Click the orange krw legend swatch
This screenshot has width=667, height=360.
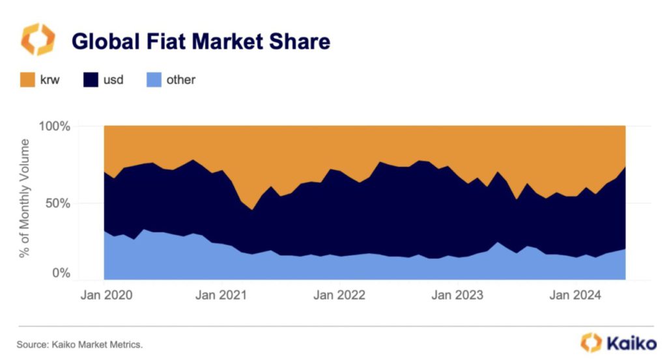coord(28,80)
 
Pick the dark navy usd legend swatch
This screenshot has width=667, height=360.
coord(90,80)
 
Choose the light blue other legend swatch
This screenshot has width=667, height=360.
coord(152,80)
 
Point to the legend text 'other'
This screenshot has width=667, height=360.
coord(180,80)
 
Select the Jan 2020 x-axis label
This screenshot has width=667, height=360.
coord(106,295)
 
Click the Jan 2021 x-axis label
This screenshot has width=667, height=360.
coord(222,295)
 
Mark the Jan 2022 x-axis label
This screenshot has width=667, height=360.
coord(339,295)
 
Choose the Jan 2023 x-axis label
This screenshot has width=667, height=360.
coord(457,295)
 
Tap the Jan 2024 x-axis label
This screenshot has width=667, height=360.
coord(575,295)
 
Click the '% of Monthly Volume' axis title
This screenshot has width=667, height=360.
coord(25,198)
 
